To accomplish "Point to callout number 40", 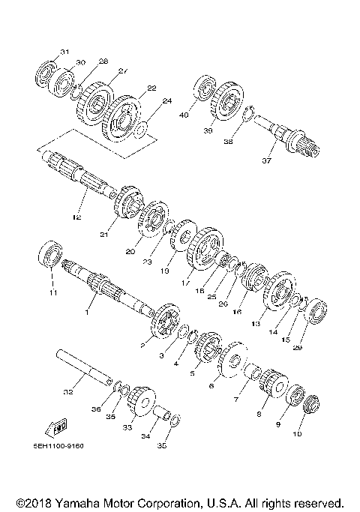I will point(183,115).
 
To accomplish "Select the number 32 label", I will point(68,391).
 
